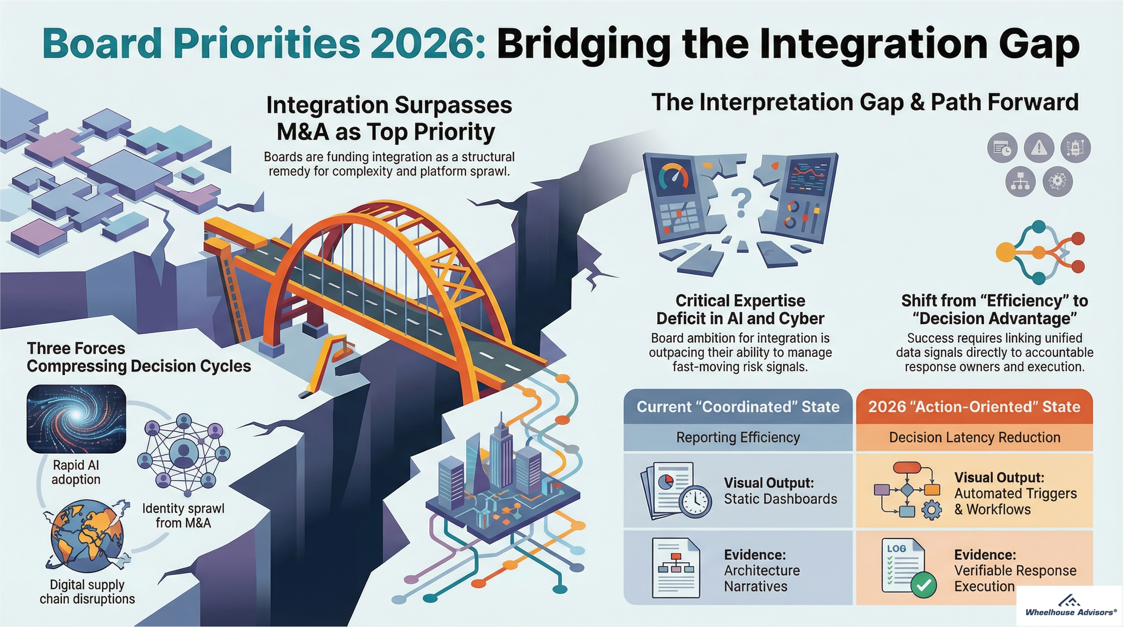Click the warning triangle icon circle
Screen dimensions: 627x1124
coord(1039,147)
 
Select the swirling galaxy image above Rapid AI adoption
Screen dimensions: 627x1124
coord(76,418)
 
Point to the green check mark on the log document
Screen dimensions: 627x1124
coord(923,585)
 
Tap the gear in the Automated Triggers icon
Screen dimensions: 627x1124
coord(931,511)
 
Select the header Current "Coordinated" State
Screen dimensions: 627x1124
coord(738,407)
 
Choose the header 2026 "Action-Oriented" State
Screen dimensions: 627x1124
coord(974,407)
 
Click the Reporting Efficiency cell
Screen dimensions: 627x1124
coord(738,437)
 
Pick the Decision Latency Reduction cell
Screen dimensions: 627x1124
coord(974,437)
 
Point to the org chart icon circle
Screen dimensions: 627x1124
coord(1020,182)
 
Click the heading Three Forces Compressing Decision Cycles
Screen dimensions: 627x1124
coord(138,357)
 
